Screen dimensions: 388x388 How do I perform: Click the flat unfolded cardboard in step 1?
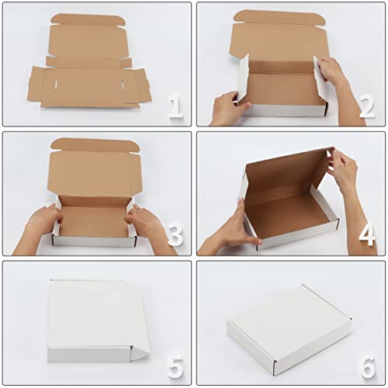coord(89,78)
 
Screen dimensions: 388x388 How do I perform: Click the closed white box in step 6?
coord(289,326)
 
